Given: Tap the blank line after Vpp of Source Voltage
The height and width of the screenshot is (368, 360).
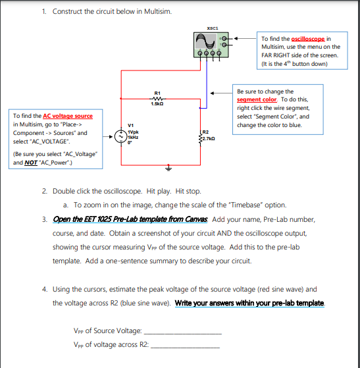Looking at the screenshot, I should coord(182,333).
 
